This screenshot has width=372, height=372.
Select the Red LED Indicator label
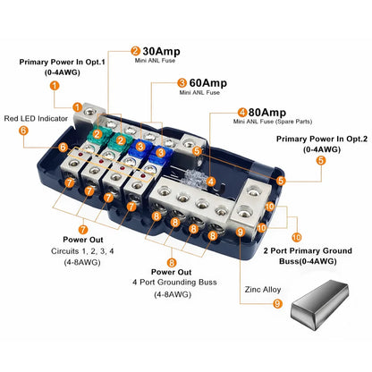pos(41,117)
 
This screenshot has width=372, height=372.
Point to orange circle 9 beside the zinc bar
pos(276,304)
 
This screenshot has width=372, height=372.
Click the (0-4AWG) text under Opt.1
pos(55,72)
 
